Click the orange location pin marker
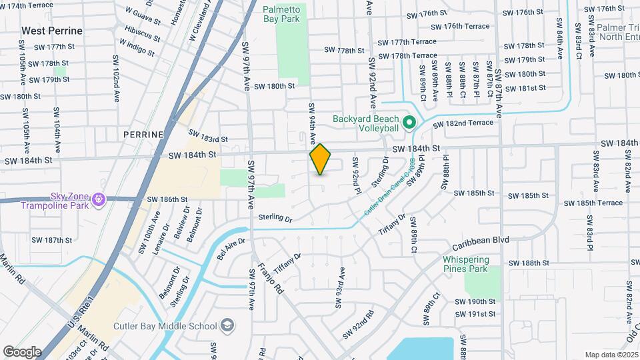[320, 159]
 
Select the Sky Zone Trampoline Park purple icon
[99, 199]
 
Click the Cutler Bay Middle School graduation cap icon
[228, 325]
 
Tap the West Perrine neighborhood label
[52, 31]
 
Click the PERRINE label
[143, 134]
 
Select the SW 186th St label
[167, 199]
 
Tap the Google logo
[22, 351]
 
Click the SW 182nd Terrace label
[465, 123]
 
